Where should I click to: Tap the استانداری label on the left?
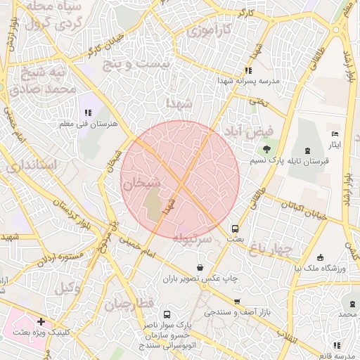pyautogui.click(x=32, y=167)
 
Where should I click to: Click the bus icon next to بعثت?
pyautogui.click(x=235, y=228)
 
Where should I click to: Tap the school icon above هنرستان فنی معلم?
pyautogui.click(x=88, y=112)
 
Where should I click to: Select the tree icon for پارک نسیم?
pyautogui.click(x=266, y=149)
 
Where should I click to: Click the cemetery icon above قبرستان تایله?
pyautogui.click(x=307, y=150)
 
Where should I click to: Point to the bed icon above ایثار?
pyautogui.click(x=335, y=133)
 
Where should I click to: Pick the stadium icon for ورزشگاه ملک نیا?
pyautogui.click(x=321, y=257)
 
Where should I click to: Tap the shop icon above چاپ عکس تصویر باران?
pyautogui.click(x=201, y=267)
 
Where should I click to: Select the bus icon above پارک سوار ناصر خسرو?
pyautogui.click(x=167, y=314)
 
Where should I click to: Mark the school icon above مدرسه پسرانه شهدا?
pyautogui.click(x=247, y=70)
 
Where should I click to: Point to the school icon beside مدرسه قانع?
pyautogui.click(x=338, y=345)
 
